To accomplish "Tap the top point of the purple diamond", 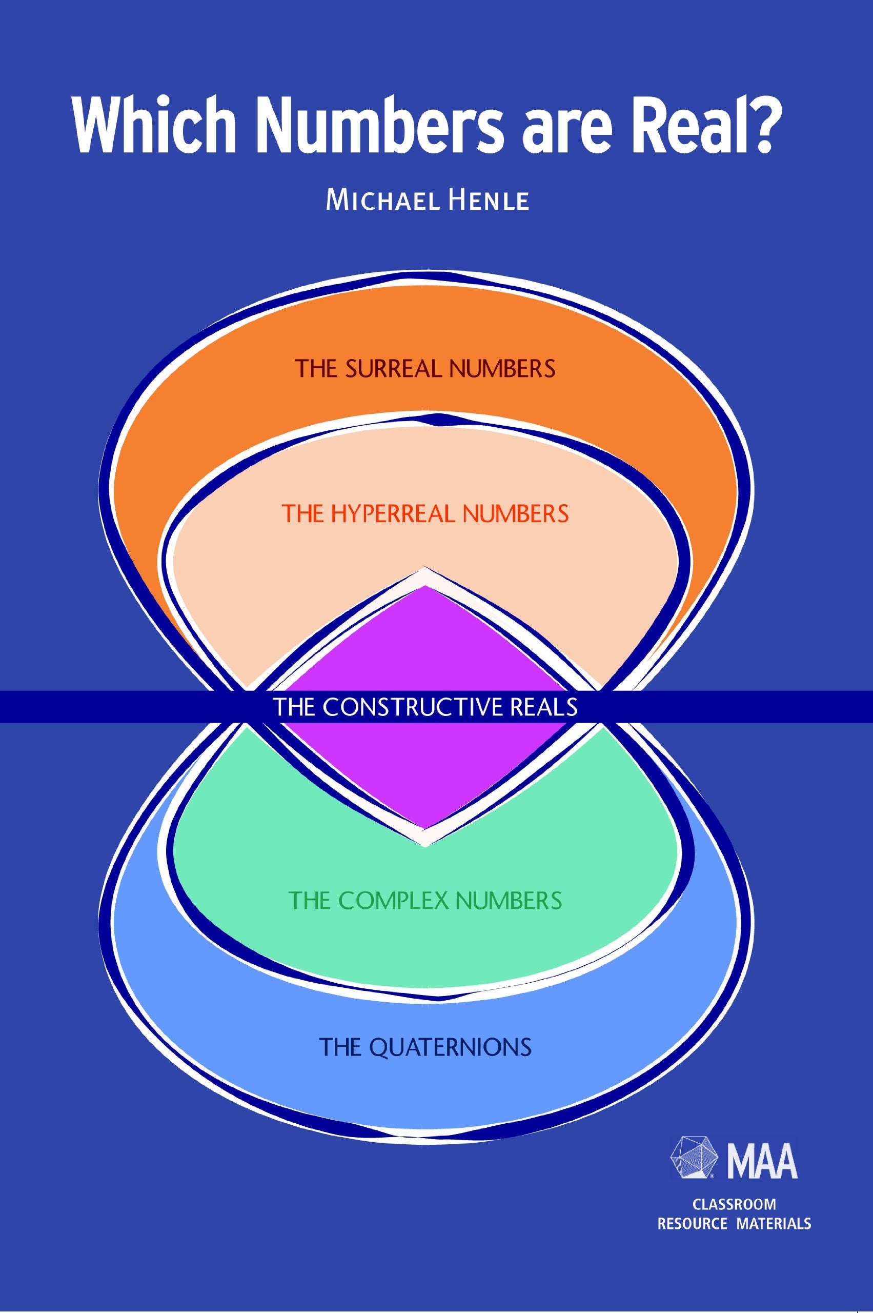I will tap(425, 587).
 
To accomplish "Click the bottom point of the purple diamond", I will tap(425, 826).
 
